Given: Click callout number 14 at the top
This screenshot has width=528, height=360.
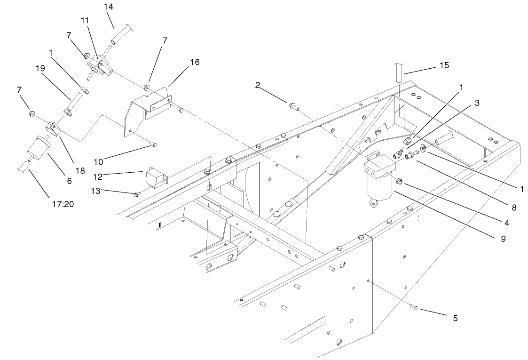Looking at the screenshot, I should (x=109, y=7).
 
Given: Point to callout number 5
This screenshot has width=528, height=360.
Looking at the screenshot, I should (x=455, y=318).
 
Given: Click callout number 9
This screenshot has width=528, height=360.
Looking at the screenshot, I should (x=503, y=239).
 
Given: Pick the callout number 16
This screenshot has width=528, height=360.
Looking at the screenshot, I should (x=194, y=63).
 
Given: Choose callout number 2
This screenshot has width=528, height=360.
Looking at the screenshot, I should (x=271, y=85).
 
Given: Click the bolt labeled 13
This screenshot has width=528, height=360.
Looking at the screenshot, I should (x=136, y=194).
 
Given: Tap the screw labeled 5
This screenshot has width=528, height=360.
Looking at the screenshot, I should (x=415, y=308).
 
